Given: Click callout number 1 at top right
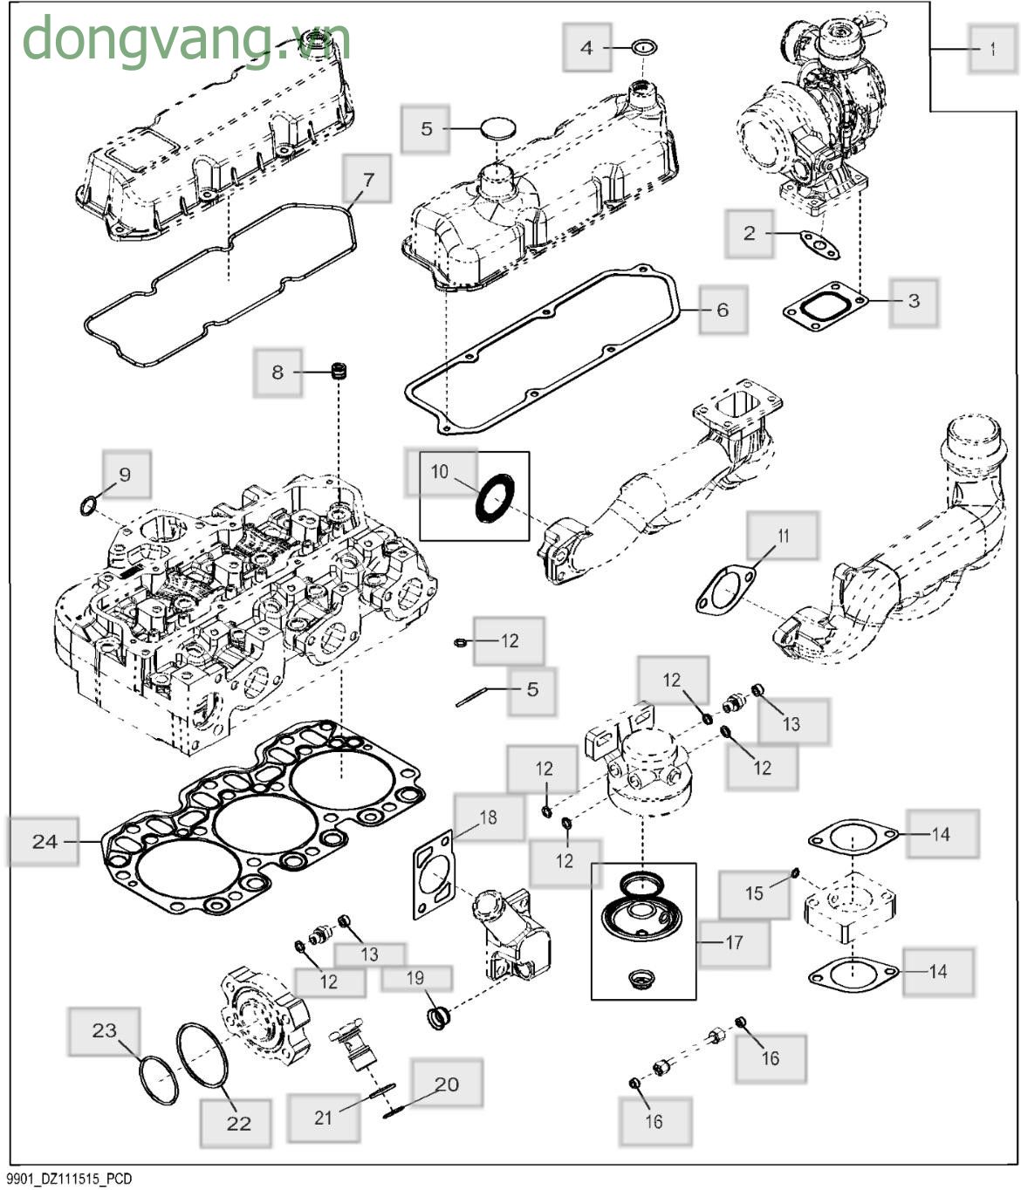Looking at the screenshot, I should point(992,50).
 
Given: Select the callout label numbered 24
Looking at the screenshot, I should point(45,842).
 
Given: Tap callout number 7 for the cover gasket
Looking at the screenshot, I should point(367,180).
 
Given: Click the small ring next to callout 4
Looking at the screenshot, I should point(644,47).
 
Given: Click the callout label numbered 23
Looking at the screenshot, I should point(104,1030).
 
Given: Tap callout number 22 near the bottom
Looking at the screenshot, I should point(238,1123).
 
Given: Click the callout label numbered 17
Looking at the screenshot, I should point(734,942).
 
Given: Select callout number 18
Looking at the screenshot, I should point(488,817).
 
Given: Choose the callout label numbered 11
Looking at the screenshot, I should point(783,536).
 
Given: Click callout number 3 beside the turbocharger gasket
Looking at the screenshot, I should point(914,301).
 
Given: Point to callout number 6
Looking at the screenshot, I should point(722,310).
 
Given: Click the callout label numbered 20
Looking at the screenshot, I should point(446,1084).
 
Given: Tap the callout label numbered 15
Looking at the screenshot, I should point(754,893).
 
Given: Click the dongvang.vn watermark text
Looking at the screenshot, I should point(186,39).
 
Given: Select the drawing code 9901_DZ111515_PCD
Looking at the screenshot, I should point(70,1179).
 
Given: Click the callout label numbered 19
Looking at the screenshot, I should point(415,978).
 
